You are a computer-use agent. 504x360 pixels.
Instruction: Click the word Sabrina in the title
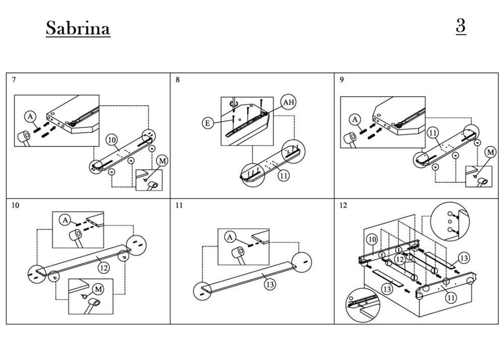pyautogui.click(x=78, y=28)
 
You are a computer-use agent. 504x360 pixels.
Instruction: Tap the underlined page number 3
pyautogui.click(x=461, y=26)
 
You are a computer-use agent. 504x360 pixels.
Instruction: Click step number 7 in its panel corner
pyautogui.click(x=14, y=80)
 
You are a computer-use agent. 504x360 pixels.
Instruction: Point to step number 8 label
pyautogui.click(x=178, y=80)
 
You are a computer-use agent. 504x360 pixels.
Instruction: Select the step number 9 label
pyautogui.click(x=342, y=80)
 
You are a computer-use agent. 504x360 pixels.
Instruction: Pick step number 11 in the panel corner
pyautogui.click(x=179, y=206)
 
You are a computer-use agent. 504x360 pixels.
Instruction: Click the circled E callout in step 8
pyautogui.click(x=208, y=123)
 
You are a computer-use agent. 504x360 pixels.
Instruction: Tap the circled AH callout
pyautogui.click(x=289, y=103)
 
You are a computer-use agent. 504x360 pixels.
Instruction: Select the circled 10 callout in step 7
pyautogui.click(x=112, y=140)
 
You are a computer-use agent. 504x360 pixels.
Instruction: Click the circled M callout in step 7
pyautogui.click(x=162, y=160)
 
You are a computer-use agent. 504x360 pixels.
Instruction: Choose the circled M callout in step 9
pyautogui.click(x=490, y=152)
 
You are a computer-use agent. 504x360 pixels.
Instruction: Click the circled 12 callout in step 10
pyautogui.click(x=103, y=268)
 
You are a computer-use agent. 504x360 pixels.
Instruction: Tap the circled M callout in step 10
pyautogui.click(x=98, y=289)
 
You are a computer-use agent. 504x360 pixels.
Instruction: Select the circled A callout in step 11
pyautogui.click(x=230, y=237)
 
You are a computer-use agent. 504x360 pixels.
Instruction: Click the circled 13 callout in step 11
pyautogui.click(x=270, y=284)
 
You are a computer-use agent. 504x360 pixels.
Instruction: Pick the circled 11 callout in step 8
pyautogui.click(x=283, y=176)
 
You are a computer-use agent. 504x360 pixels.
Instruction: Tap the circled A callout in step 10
pyautogui.click(x=65, y=220)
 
